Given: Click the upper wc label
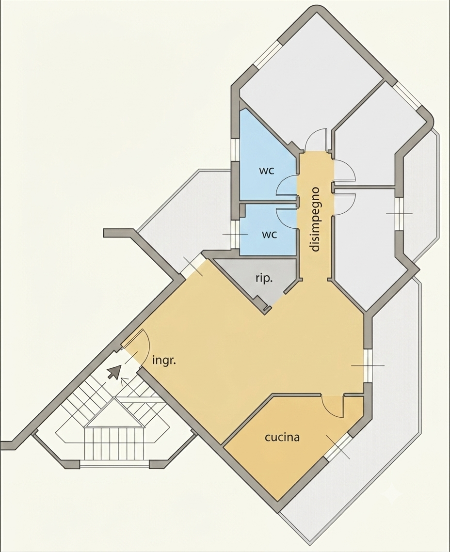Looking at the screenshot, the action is [267, 171].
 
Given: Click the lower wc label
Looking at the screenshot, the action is [269, 234].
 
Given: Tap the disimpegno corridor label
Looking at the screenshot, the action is [315, 219].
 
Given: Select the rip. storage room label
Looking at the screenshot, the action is [264, 279].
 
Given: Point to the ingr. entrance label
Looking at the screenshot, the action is [164, 361].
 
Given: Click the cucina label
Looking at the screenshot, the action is [282, 437].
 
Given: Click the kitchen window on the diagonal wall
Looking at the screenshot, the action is [338, 447].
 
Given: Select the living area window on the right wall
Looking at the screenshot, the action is [368, 366].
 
